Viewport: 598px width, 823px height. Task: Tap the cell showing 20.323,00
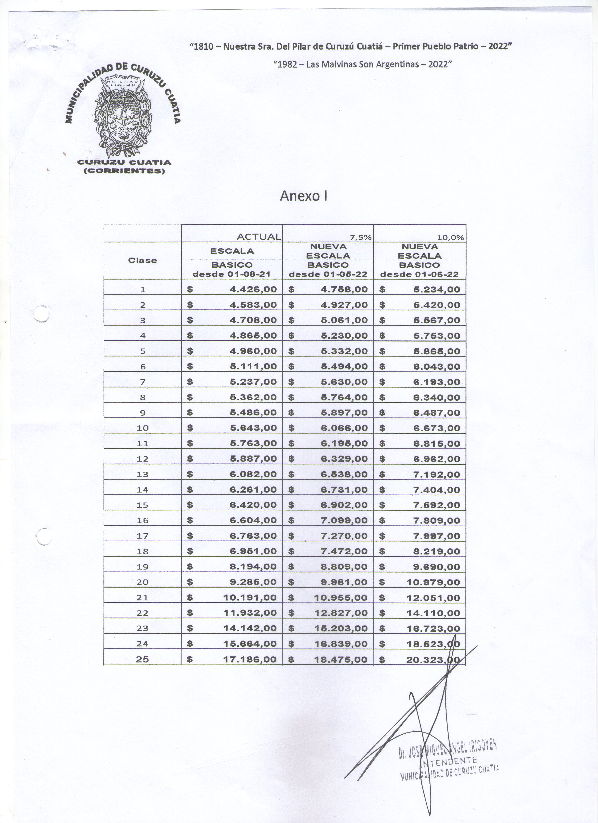coord(433,660)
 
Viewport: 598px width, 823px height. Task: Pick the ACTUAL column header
coord(258,237)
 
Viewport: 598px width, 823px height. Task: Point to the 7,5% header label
coord(360,238)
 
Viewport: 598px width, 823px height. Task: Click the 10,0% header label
coord(451,238)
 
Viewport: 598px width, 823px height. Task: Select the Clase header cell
coord(142,260)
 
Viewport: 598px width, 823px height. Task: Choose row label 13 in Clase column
coord(142,474)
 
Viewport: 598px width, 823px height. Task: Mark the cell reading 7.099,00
coord(344,521)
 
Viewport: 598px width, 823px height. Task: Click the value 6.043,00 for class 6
coord(436,367)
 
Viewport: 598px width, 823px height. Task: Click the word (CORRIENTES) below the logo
coord(124,171)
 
